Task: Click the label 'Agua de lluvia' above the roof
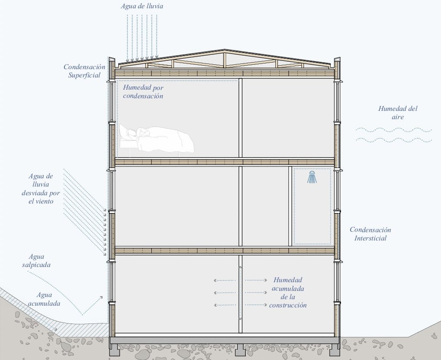click(x=142, y=6)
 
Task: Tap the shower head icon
click(x=312, y=177)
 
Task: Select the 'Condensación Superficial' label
click(x=84, y=71)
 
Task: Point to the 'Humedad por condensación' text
click(x=143, y=92)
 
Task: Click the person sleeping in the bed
click(x=157, y=140)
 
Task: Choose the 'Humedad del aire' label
click(x=398, y=113)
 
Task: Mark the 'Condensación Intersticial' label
click(x=371, y=234)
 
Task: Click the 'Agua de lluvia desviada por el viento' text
click(x=41, y=189)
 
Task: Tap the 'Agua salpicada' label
click(x=36, y=261)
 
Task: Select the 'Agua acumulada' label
click(x=44, y=299)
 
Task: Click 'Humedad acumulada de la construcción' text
click(x=288, y=293)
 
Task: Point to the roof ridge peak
click(x=224, y=50)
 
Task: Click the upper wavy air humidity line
click(x=394, y=130)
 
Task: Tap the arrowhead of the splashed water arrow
click(x=101, y=297)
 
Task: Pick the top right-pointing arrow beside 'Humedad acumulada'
click(x=256, y=280)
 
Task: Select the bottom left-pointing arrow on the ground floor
click(x=224, y=305)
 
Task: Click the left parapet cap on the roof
click(x=112, y=60)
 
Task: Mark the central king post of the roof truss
click(x=225, y=60)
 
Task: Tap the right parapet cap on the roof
click(x=337, y=60)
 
